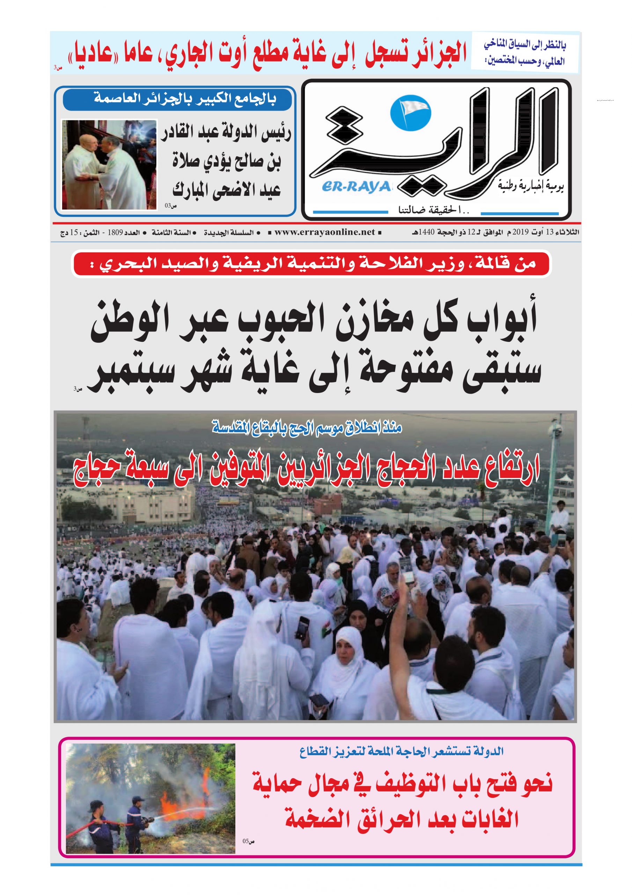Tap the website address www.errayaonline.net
[325, 232]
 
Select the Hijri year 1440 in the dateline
[426, 232]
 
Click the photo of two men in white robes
[109, 165]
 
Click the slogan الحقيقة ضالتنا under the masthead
[433, 210]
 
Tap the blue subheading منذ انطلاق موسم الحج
[307, 428]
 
